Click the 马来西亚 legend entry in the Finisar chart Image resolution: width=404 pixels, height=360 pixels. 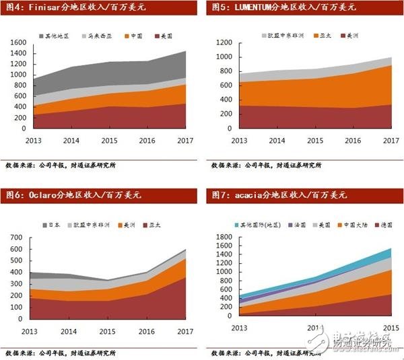coord(96,34)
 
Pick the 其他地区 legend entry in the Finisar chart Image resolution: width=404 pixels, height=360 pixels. coord(55,34)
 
